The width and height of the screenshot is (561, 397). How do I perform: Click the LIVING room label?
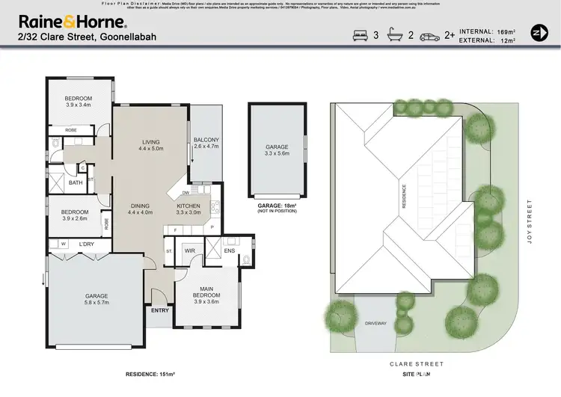[x=151, y=141]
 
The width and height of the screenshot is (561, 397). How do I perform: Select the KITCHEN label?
[x=188, y=206]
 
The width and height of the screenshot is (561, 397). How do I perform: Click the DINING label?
[x=140, y=206]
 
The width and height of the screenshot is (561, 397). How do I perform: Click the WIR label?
[x=189, y=251]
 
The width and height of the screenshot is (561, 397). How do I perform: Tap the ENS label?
[x=230, y=251]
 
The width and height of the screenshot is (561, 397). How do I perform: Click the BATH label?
[x=76, y=182]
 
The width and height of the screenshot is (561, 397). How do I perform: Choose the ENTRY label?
[x=160, y=310]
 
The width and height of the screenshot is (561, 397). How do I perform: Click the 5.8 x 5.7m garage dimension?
[x=96, y=303]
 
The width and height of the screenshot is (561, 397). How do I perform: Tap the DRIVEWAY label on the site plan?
[x=375, y=324]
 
